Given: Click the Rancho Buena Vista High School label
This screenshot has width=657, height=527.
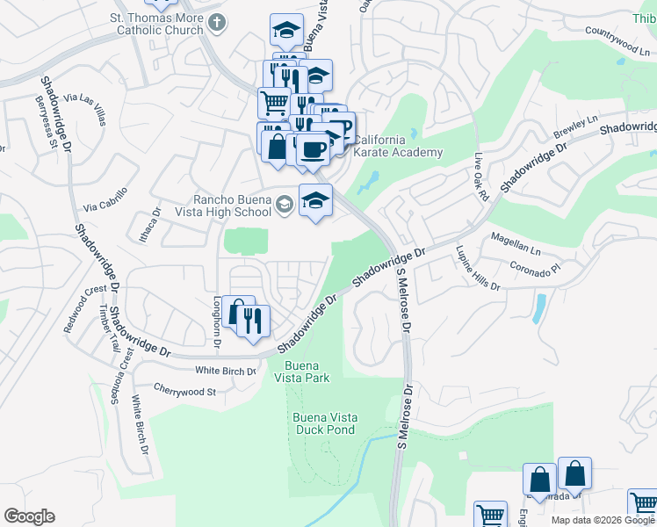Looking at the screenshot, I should (233, 206).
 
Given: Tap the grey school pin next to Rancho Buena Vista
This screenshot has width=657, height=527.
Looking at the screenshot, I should (284, 205).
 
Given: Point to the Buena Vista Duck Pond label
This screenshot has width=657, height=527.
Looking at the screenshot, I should (321, 423).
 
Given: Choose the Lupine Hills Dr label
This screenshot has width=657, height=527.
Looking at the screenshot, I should (477, 274).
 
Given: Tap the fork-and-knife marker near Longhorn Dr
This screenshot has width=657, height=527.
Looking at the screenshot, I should (254, 321).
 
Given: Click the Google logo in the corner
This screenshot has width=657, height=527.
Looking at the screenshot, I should (29, 516).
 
